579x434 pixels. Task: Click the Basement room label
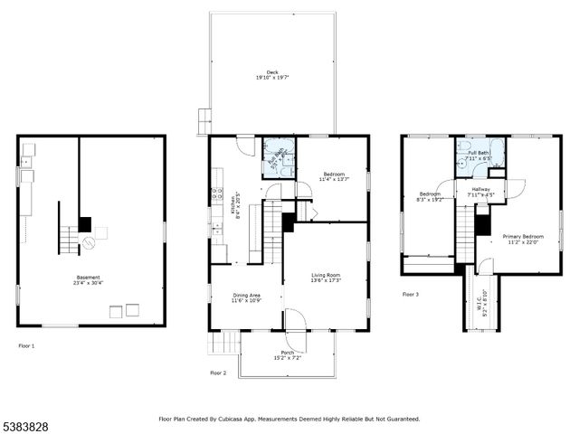click(88, 279)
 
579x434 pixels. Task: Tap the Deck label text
click(272, 75)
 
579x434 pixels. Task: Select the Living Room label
click(326, 277)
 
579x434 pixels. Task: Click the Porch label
click(287, 354)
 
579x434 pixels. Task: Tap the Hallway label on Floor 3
click(480, 191)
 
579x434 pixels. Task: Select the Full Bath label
click(479, 156)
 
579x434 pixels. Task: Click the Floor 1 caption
click(26, 345)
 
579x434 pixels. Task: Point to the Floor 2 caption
click(218, 373)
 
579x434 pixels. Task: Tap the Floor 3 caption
click(411, 294)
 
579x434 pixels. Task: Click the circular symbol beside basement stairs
click(88, 242)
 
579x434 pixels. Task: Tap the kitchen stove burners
click(216, 193)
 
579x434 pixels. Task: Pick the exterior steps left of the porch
click(223, 343)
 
